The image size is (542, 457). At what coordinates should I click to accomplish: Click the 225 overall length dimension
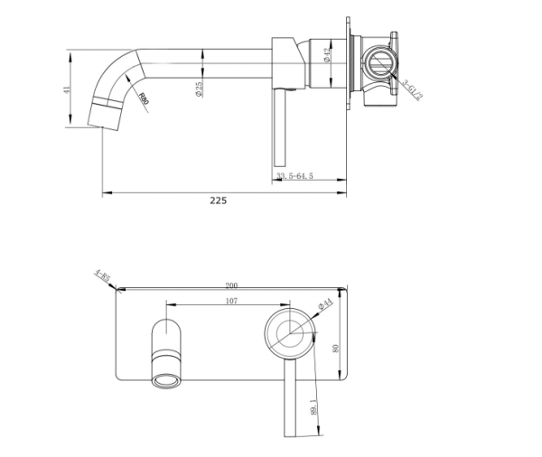[218, 201]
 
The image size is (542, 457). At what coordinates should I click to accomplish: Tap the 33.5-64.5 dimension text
[294, 176]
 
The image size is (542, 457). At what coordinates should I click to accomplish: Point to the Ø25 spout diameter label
[198, 89]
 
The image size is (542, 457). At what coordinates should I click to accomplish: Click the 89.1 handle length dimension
[312, 407]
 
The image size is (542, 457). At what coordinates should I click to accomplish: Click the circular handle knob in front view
[289, 334]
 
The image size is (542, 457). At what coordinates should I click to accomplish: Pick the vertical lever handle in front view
[291, 397]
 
